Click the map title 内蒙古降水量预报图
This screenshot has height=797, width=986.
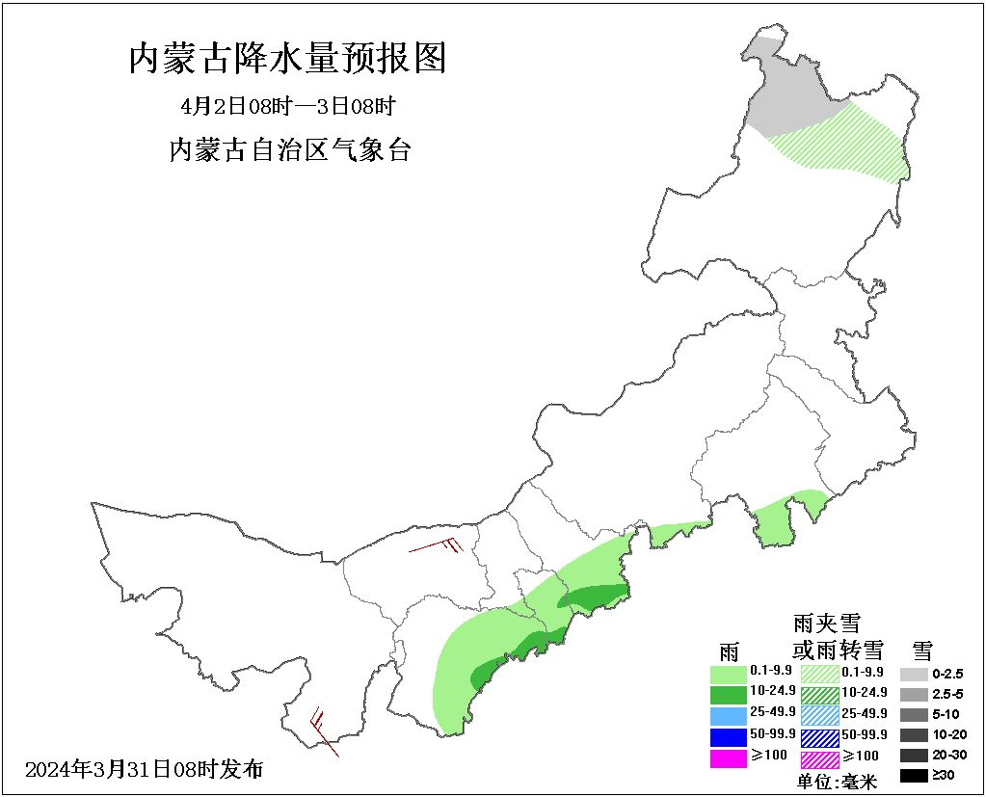click(288, 59)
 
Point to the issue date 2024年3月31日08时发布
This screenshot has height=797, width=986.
click(144, 769)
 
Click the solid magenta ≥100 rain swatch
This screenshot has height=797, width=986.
click(729, 758)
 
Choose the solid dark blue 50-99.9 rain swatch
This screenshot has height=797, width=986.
click(729, 736)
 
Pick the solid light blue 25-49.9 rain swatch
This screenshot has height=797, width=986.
click(729, 714)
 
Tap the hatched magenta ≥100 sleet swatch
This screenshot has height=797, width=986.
click(819, 758)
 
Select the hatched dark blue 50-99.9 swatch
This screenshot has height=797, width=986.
click(819, 736)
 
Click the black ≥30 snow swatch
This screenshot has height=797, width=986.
click(914, 775)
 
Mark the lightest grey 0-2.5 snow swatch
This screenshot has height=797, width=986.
click(914, 674)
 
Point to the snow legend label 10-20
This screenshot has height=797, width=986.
click(948, 734)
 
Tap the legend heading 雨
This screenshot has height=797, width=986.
click(729, 651)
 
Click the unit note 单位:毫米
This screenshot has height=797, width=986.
click(837, 782)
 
